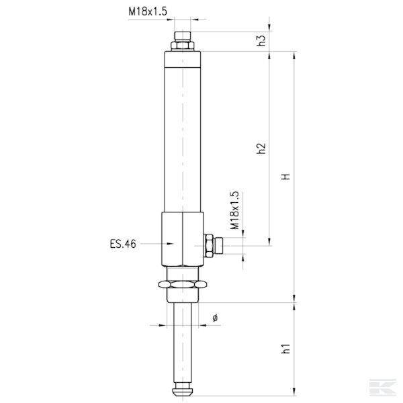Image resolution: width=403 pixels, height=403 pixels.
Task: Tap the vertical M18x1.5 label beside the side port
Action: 234,211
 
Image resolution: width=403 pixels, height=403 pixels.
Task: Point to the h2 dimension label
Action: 262,149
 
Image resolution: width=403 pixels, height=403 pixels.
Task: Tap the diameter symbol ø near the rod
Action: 215,317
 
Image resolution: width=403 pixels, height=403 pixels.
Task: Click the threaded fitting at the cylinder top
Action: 183,36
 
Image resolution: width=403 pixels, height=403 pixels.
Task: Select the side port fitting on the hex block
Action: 211,245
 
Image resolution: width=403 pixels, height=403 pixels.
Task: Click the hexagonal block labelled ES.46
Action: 182,239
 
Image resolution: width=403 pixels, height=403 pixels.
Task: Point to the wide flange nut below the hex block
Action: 183,285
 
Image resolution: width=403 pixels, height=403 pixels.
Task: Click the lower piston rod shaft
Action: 182,339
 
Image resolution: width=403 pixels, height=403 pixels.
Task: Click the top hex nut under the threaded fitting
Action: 183,46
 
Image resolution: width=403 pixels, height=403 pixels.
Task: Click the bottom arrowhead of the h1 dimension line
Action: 294,392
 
